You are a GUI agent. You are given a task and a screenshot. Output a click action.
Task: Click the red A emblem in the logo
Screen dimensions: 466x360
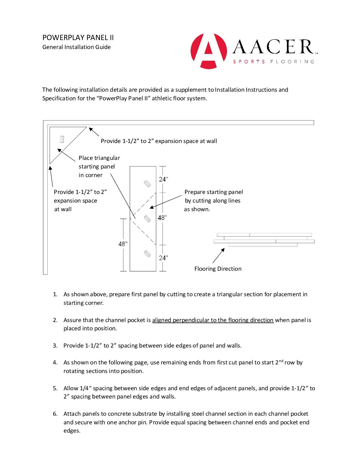(209, 51)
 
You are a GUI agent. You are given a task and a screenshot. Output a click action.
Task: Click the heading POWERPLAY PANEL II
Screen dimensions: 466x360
(78, 38)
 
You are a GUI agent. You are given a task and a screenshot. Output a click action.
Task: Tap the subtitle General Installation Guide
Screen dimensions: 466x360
(76, 47)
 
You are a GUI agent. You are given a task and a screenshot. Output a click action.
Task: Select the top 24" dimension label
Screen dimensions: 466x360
(163, 179)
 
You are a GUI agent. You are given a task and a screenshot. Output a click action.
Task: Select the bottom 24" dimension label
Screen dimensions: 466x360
(163, 258)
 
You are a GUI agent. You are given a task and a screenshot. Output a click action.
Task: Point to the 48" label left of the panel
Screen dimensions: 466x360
(123, 244)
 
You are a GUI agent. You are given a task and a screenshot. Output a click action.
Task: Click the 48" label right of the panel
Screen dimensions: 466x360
(162, 218)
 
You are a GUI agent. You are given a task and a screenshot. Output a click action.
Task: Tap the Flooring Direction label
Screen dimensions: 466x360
(218, 269)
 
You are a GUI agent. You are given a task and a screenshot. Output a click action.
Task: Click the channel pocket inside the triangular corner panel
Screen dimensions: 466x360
(62, 139)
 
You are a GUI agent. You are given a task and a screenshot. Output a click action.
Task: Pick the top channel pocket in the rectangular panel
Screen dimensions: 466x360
(148, 184)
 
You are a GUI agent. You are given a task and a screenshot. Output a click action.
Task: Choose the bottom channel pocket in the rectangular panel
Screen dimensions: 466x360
(148, 254)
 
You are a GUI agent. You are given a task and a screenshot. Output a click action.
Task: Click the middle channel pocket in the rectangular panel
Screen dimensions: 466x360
(148, 219)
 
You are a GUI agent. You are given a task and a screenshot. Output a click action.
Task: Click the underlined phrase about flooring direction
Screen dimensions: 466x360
(213, 320)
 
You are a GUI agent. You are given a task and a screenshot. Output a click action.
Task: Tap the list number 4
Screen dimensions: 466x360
(55, 362)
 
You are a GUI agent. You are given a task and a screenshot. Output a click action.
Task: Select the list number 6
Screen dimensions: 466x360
(55, 414)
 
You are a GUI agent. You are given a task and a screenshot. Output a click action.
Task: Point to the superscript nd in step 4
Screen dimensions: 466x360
(281, 361)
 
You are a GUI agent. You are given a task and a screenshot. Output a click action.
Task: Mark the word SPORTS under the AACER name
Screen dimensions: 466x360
(249, 62)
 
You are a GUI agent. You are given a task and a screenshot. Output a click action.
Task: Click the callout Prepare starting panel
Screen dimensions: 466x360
(213, 192)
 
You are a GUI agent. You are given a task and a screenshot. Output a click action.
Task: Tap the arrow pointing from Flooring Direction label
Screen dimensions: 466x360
(219, 256)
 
